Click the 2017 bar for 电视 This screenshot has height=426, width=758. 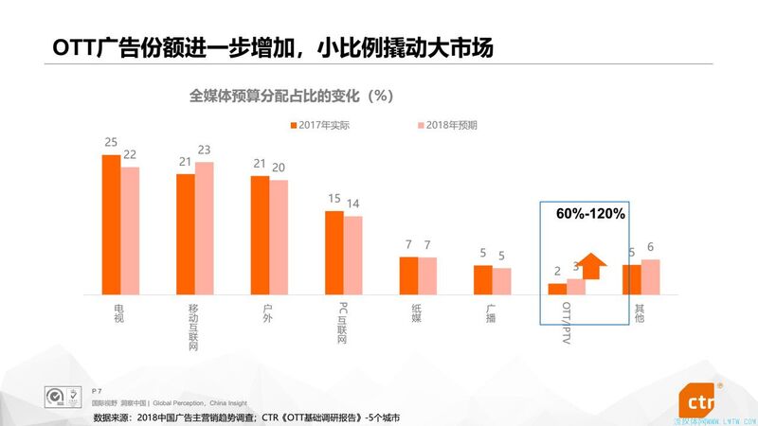111,224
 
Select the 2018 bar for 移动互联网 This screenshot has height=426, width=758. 204,228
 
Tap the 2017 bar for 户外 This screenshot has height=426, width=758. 260,235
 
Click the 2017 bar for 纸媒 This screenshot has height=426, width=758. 408,275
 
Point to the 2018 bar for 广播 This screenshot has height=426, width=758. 501,281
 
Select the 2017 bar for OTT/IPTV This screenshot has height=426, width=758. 557,289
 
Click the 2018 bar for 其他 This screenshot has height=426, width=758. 650,276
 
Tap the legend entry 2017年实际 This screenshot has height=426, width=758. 325,125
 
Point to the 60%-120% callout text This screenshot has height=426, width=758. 590,215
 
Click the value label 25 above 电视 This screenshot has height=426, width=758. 111,143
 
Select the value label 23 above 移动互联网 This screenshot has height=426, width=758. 204,150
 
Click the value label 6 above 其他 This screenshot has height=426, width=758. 650,247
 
